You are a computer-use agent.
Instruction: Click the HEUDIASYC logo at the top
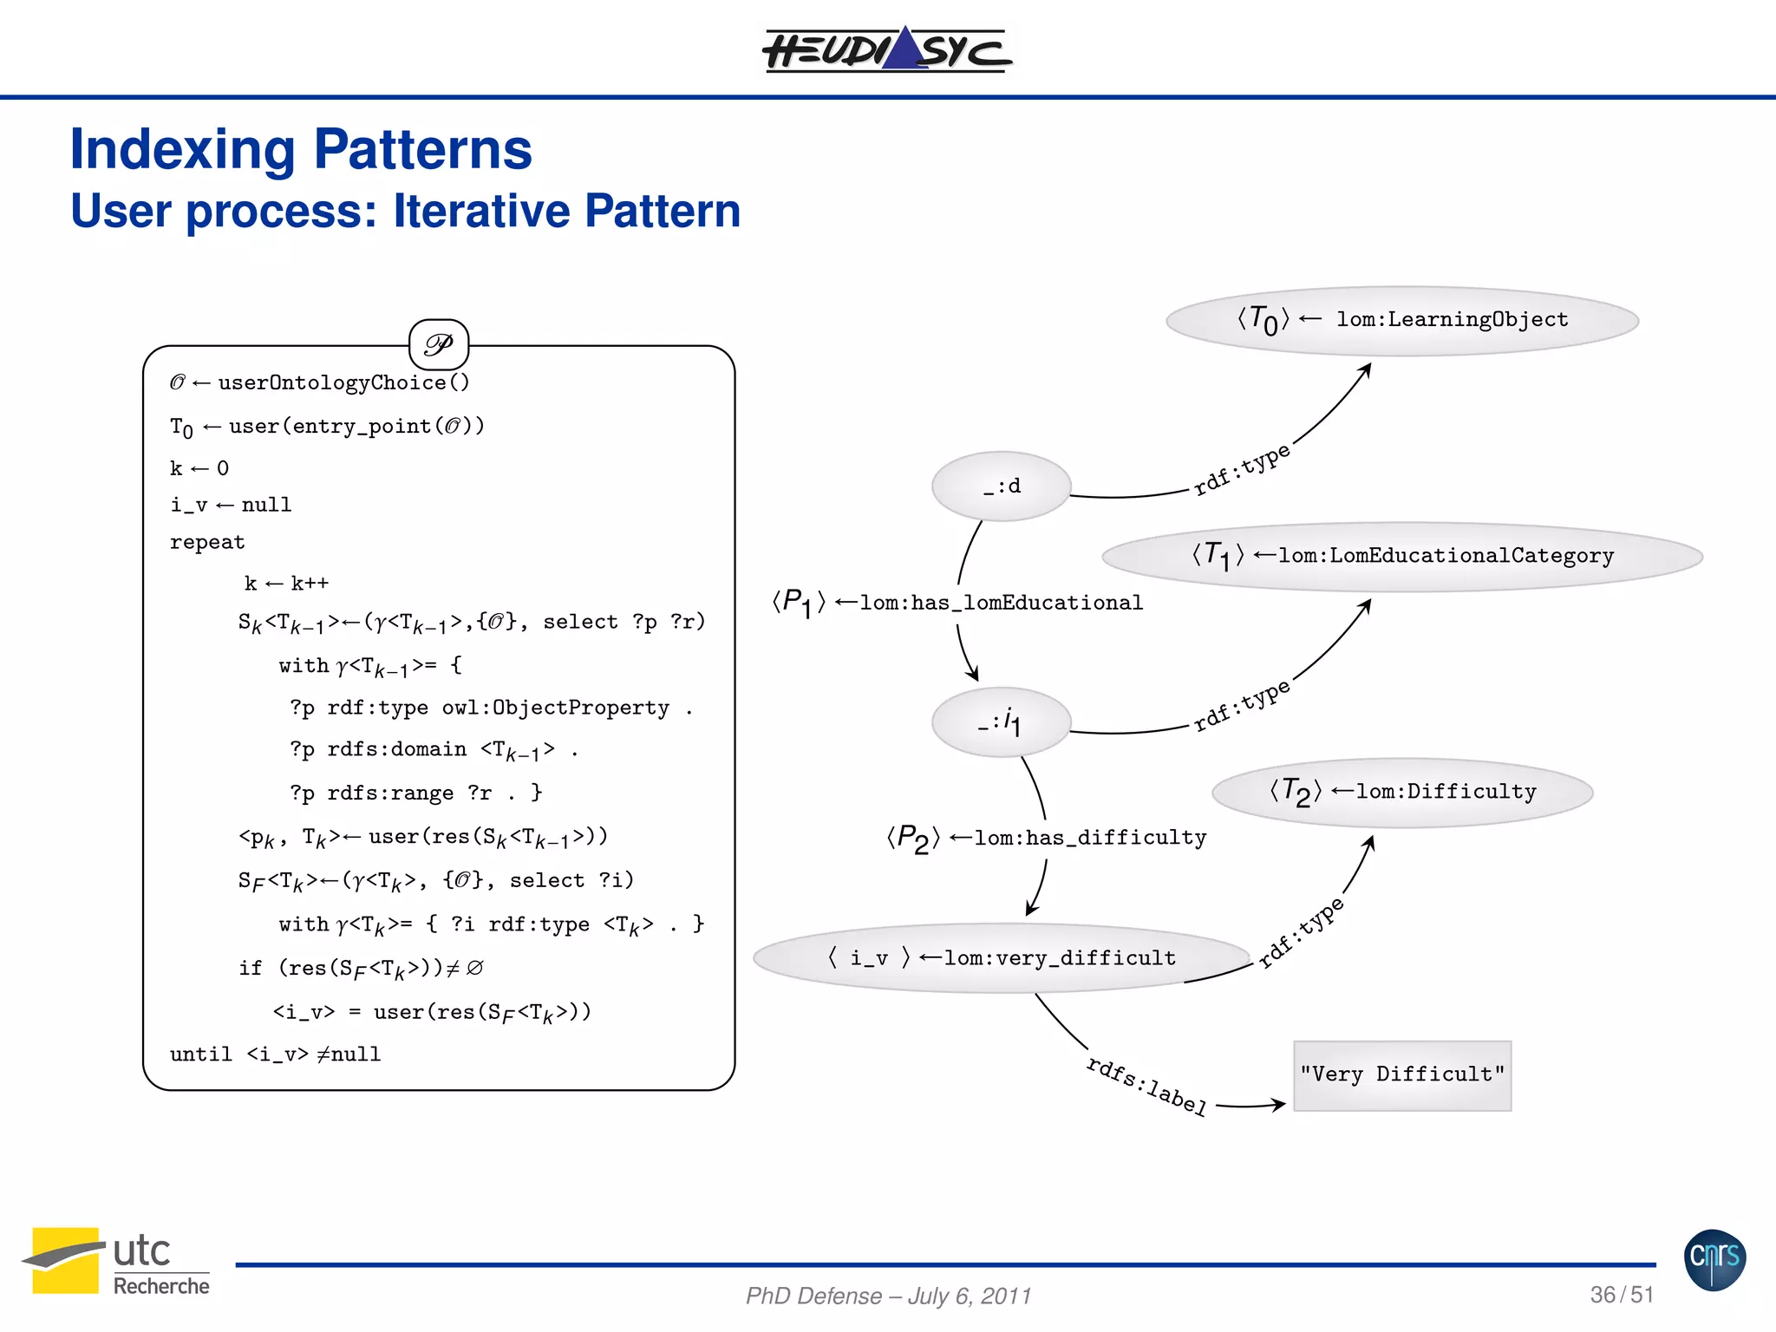point(886,49)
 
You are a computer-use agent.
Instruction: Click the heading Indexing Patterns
point(300,149)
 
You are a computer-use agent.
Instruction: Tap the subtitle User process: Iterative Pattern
point(405,211)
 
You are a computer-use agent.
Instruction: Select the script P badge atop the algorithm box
point(439,345)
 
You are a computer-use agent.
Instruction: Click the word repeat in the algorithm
point(207,542)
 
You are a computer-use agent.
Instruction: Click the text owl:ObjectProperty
point(555,708)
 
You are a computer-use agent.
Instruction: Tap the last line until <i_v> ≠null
point(275,1054)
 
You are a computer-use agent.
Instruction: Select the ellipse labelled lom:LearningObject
point(1401,320)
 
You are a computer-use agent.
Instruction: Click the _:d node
point(1002,486)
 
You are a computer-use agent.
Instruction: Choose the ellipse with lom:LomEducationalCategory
point(1401,556)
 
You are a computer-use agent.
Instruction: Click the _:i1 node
point(1002,722)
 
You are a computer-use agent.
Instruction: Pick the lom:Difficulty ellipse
point(1401,792)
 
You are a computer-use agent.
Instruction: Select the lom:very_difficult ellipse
point(1002,957)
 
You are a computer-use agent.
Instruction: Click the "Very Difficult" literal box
point(1401,1074)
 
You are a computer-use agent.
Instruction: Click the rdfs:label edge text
point(1146,1085)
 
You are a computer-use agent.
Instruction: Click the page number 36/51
point(1621,1294)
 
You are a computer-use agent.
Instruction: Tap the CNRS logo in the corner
point(1714,1259)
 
